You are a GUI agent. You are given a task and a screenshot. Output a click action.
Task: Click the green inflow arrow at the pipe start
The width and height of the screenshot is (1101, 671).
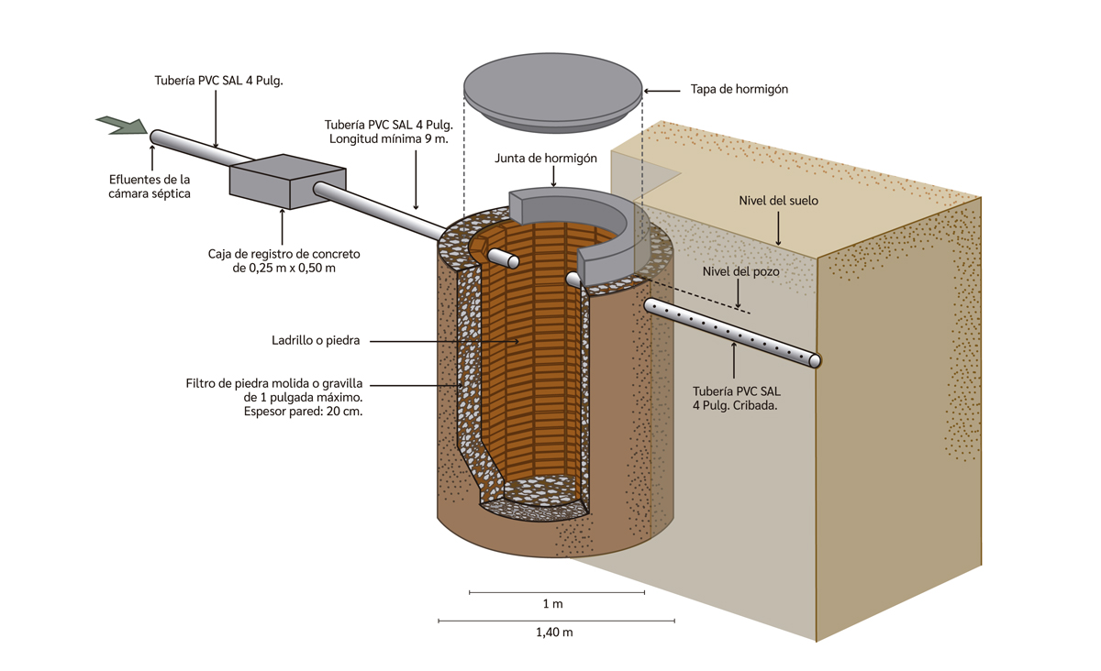click(x=121, y=126)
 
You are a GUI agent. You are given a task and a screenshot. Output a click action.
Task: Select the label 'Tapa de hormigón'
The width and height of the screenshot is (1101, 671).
click(x=739, y=90)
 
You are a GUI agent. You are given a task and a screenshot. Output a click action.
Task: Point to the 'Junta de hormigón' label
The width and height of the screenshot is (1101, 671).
click(x=546, y=159)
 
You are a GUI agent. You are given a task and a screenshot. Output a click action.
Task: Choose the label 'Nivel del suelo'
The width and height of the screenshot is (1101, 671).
click(x=778, y=201)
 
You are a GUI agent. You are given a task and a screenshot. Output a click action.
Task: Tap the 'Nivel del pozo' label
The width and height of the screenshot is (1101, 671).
click(x=740, y=272)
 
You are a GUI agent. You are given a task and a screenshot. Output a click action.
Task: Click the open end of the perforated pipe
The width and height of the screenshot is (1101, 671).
click(x=814, y=361)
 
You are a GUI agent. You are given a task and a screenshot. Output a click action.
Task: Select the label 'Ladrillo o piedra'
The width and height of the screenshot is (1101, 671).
click(x=315, y=341)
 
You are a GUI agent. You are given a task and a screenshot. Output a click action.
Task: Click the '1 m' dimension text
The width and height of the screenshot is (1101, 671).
click(x=552, y=605)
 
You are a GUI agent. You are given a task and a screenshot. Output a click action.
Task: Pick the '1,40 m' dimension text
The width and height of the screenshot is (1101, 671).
click(x=554, y=632)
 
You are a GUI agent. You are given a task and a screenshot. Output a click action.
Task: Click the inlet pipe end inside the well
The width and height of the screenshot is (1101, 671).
click(x=512, y=262)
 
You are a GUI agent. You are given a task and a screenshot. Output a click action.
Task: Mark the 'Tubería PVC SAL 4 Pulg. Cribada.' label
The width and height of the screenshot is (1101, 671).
click(x=737, y=399)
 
